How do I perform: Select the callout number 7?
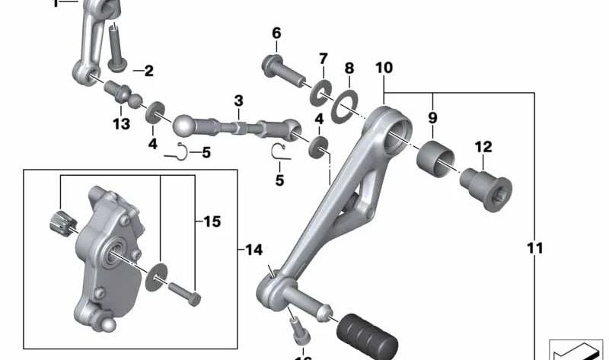(323, 59)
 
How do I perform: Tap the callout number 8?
(349, 68)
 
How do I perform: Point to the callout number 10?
(384, 68)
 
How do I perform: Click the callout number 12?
(483, 146)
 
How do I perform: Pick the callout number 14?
(253, 249)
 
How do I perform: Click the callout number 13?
(122, 124)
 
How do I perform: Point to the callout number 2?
(148, 72)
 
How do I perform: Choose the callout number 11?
(535, 248)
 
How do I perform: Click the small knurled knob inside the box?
(61, 221)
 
